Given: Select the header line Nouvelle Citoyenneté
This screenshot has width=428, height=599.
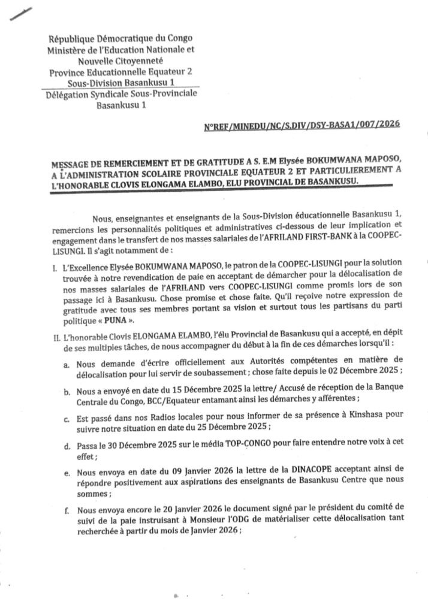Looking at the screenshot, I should point(120,60).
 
